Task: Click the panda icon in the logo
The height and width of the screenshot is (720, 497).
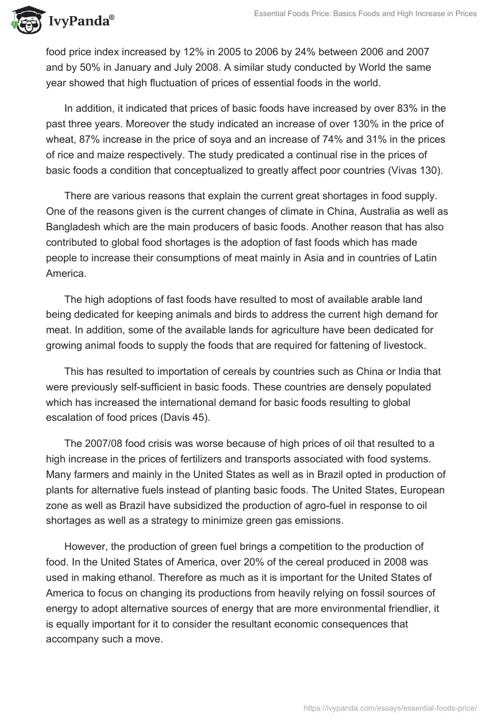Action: (x=24, y=20)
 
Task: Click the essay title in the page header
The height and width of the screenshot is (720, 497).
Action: (x=365, y=14)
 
